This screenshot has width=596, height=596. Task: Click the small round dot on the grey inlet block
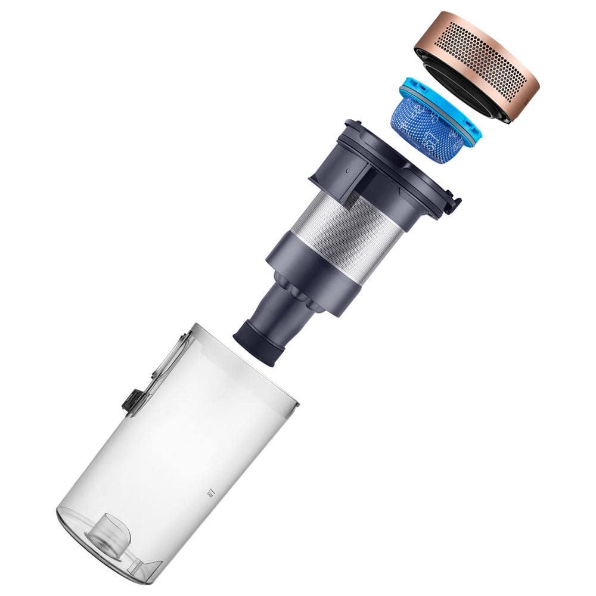pyautogui.click(x=347, y=169)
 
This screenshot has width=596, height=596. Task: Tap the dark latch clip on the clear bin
pyautogui.click(x=132, y=402)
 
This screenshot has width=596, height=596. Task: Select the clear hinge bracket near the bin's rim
pyautogui.click(x=173, y=352)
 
